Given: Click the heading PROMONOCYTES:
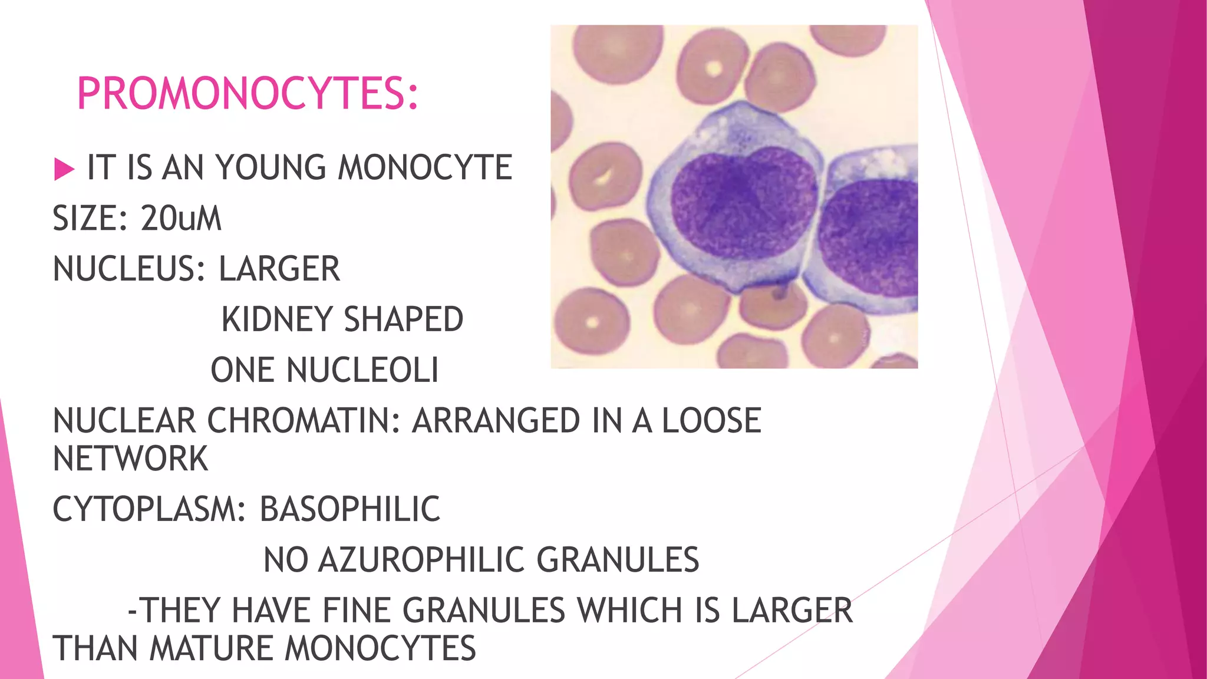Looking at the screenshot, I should point(248,94).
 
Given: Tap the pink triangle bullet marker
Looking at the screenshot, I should point(64,169).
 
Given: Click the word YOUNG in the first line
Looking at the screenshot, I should point(271,167).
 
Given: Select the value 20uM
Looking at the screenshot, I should point(181,219).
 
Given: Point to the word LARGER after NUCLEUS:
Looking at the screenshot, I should point(279,269).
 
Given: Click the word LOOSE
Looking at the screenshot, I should point(711,421).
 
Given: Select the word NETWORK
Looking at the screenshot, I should point(130,459).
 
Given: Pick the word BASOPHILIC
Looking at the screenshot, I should point(350,509).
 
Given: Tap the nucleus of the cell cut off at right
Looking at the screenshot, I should point(869,236).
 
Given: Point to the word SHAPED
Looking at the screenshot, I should point(404,320).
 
